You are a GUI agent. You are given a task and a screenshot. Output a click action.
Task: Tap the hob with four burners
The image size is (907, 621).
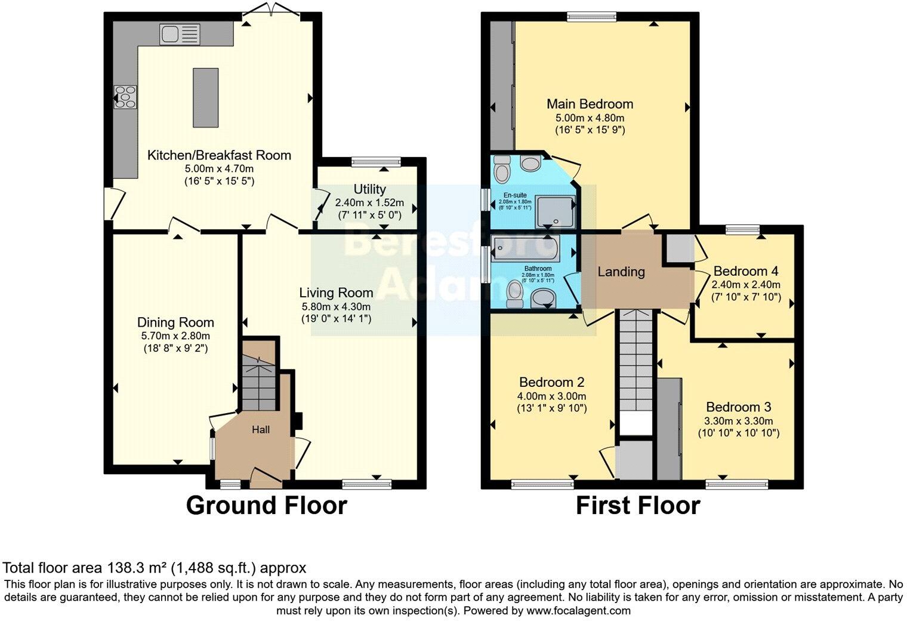click(x=125, y=97)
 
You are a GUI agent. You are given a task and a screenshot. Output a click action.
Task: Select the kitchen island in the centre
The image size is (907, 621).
click(x=206, y=97)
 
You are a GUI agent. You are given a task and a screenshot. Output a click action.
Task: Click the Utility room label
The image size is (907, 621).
click(x=369, y=189)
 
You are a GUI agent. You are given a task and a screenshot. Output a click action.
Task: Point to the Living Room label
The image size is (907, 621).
click(x=336, y=293)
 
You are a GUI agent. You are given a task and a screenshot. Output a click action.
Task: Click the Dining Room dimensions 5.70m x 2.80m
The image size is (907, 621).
click(x=175, y=336)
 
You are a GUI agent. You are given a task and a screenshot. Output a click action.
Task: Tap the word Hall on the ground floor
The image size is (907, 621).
click(x=261, y=429)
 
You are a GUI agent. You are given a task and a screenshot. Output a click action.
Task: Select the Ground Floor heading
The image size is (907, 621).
click(x=266, y=505)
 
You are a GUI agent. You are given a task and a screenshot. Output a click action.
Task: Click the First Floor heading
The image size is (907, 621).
click(x=637, y=505)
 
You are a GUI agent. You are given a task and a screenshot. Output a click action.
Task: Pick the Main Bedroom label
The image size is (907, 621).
click(x=590, y=104)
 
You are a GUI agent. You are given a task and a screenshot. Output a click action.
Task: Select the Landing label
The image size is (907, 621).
click(x=621, y=272)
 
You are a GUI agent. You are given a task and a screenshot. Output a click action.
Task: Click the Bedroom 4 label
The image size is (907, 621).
click(x=745, y=271)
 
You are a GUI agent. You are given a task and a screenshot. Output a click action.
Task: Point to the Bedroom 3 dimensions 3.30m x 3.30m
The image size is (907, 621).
click(x=738, y=420)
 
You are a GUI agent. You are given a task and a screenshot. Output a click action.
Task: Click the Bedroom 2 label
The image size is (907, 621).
click(x=551, y=382)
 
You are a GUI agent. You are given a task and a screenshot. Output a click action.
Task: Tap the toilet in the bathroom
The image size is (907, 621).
click(x=513, y=294)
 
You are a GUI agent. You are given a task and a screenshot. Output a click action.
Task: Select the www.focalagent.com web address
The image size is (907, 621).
click(x=577, y=611)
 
